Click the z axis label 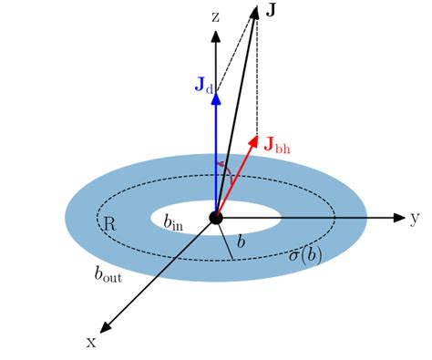pyautogui.click(x=215, y=17)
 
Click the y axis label pyautogui.click(x=414, y=218)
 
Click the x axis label pyautogui.click(x=91, y=341)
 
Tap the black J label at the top pyautogui.click(x=272, y=10)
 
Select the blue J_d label pyautogui.click(x=203, y=85)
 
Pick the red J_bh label pyautogui.click(x=277, y=143)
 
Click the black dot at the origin pyautogui.click(x=216, y=217)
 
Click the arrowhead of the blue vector pyautogui.click(x=216, y=89)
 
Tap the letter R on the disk pyautogui.click(x=109, y=223)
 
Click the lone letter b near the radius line pyautogui.click(x=241, y=242)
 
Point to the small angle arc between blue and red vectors pyautogui.click(x=221, y=165)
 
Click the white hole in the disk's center pyautogui.click(x=251, y=211)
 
